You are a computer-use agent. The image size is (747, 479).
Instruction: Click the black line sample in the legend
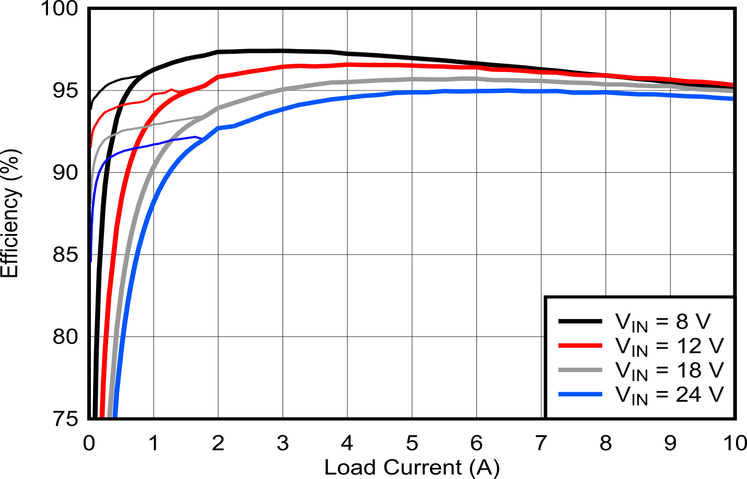[580, 321]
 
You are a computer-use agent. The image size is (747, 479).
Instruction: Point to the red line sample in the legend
[580, 345]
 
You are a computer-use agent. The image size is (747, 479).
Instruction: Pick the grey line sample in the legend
[580, 370]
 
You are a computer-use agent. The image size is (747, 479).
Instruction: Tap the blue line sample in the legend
[580, 394]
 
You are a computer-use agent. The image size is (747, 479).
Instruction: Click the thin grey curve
[157, 124]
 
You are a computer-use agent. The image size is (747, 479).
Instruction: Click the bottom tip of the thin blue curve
[92, 260]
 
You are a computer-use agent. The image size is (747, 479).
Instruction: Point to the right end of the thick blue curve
[731, 98]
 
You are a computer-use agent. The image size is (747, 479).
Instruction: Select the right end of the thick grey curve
[731, 91]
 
